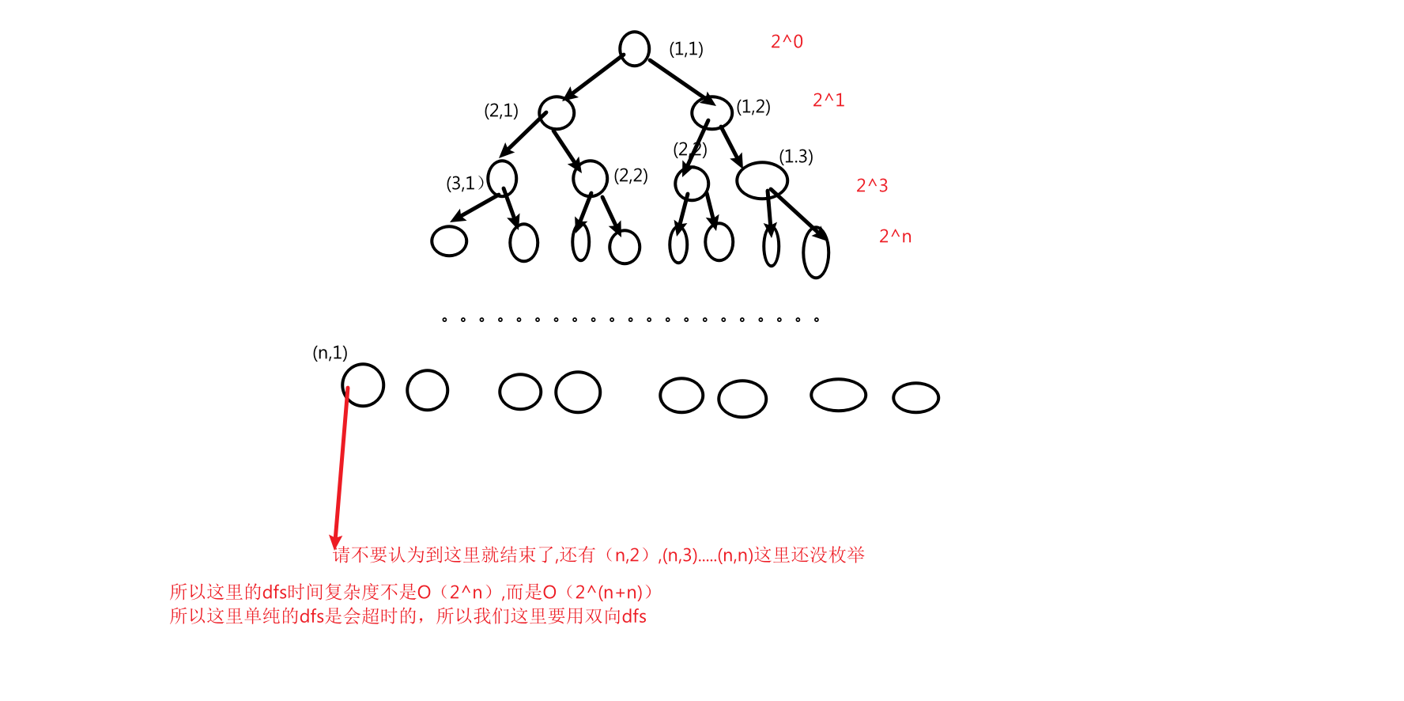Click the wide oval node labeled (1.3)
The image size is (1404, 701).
(761, 180)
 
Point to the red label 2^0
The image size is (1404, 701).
(787, 42)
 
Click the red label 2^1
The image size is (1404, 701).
(828, 100)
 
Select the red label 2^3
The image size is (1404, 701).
(872, 186)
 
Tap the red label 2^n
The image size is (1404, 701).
(895, 237)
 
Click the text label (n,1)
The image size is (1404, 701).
(330, 353)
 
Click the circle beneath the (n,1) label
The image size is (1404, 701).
(363, 385)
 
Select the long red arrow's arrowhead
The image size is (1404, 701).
(335, 541)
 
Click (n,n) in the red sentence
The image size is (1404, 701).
(735, 555)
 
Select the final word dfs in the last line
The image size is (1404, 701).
(634, 617)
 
